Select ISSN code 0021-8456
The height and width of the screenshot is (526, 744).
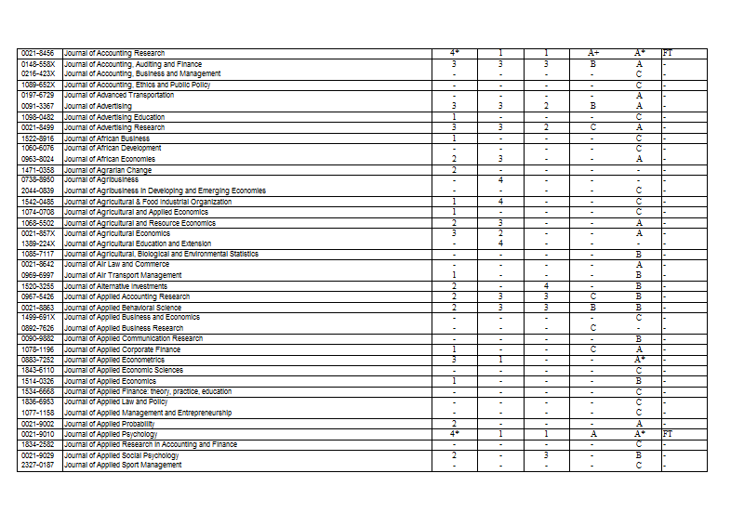tap(38, 54)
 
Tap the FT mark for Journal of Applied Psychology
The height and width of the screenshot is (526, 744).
tap(667, 434)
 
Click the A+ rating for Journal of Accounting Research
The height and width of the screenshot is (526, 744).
tap(592, 54)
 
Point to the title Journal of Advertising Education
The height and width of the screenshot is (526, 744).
tap(114, 117)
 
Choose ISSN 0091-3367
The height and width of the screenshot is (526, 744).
tap(38, 107)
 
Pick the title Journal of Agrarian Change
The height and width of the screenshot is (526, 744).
tap(108, 170)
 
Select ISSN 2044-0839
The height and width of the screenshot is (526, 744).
tap(38, 191)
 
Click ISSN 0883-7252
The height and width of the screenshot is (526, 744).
tap(38, 360)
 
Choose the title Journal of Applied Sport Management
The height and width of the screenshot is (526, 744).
tap(123, 465)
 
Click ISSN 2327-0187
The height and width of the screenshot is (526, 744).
tap(38, 465)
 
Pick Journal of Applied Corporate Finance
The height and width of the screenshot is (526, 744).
tap(122, 349)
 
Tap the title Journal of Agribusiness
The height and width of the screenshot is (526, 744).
tap(101, 180)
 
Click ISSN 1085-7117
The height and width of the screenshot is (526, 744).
tap(38, 254)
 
